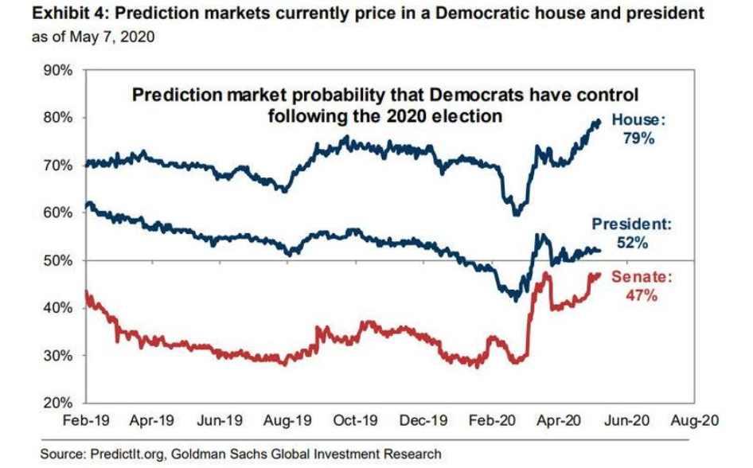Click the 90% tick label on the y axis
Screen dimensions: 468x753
point(57,69)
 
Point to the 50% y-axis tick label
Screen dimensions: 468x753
point(57,260)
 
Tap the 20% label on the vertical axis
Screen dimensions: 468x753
point(57,404)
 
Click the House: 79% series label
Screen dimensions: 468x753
point(638,130)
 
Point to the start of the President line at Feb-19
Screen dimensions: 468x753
point(86,204)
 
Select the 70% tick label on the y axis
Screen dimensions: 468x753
point(57,165)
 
